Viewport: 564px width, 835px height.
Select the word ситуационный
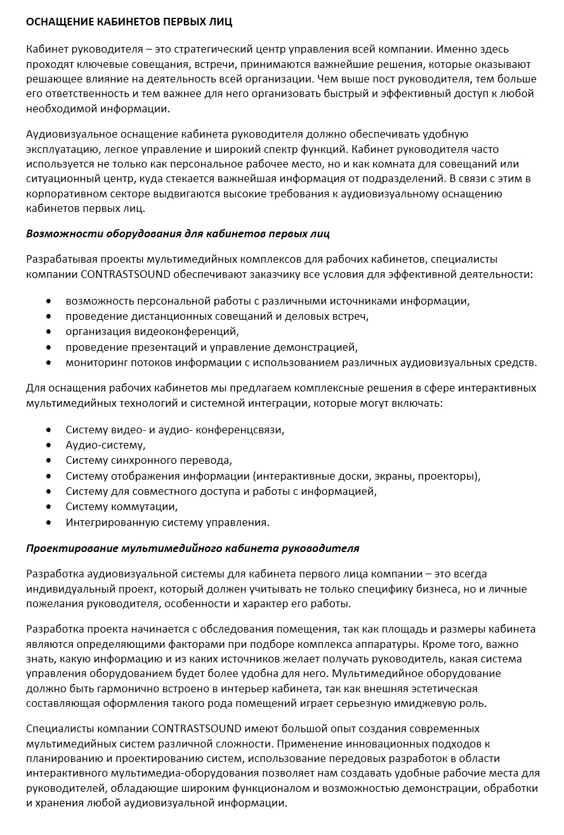[x=60, y=179]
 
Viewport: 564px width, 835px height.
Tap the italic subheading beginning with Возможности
[x=178, y=233]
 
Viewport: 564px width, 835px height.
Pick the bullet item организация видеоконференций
[x=152, y=331]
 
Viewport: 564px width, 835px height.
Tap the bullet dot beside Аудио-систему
[x=48, y=445]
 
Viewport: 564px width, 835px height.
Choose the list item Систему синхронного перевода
[x=148, y=460]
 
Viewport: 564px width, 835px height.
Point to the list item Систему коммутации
[x=122, y=507]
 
